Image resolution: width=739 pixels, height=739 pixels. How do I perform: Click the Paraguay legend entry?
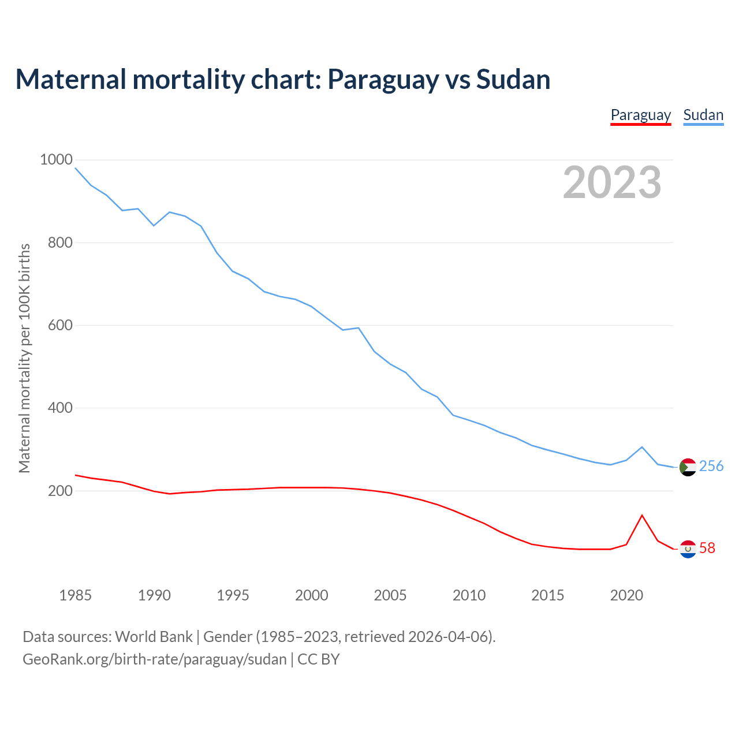pos(640,115)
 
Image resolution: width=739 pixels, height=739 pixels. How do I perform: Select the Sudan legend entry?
pos(703,115)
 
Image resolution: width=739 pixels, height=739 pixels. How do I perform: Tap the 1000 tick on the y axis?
pos(56,160)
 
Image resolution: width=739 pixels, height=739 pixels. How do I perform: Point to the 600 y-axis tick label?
pos(60,326)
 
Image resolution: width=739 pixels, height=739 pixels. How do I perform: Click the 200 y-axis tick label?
pos(60,491)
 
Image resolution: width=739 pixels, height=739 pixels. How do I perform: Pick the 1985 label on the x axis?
pos(75,595)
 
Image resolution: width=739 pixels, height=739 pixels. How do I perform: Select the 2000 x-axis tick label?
pos(312,595)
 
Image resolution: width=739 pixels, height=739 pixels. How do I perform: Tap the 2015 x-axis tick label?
pos(547,595)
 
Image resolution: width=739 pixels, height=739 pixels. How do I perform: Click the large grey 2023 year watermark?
pos(612,182)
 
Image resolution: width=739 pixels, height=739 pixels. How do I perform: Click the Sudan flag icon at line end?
pos(688,467)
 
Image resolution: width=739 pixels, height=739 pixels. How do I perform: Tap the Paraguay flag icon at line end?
pos(688,549)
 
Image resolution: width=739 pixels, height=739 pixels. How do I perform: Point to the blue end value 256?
pos(711,466)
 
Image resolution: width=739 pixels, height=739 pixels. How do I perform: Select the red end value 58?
pos(707,548)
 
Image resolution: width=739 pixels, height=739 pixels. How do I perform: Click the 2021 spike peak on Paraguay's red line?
pos(642,515)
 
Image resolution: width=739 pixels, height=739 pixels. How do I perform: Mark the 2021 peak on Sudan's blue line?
pos(642,447)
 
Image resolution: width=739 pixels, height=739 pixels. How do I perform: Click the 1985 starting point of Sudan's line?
pos(76,168)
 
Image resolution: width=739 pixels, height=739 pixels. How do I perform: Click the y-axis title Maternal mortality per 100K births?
pos(24,358)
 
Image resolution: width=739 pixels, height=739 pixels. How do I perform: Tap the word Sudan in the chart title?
pos(513,79)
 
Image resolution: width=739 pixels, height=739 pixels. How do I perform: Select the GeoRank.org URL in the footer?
pos(155,659)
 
